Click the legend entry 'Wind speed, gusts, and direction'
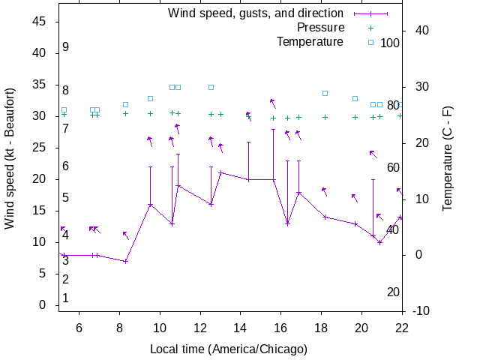[255, 13]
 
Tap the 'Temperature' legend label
[310, 42]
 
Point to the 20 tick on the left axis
[42, 179]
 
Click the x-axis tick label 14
[241, 327]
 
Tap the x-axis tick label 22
[402, 327]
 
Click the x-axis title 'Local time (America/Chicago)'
[229, 349]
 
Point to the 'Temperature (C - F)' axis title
[447, 157]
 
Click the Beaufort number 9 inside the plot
[66, 47]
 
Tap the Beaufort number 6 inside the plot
[66, 166]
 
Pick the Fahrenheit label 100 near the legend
[390, 43]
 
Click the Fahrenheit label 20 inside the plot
[393, 292]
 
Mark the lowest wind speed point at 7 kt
[126, 261]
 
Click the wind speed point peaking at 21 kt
[220, 173]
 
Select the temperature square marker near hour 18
[325, 93]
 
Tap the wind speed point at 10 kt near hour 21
[380, 242]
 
